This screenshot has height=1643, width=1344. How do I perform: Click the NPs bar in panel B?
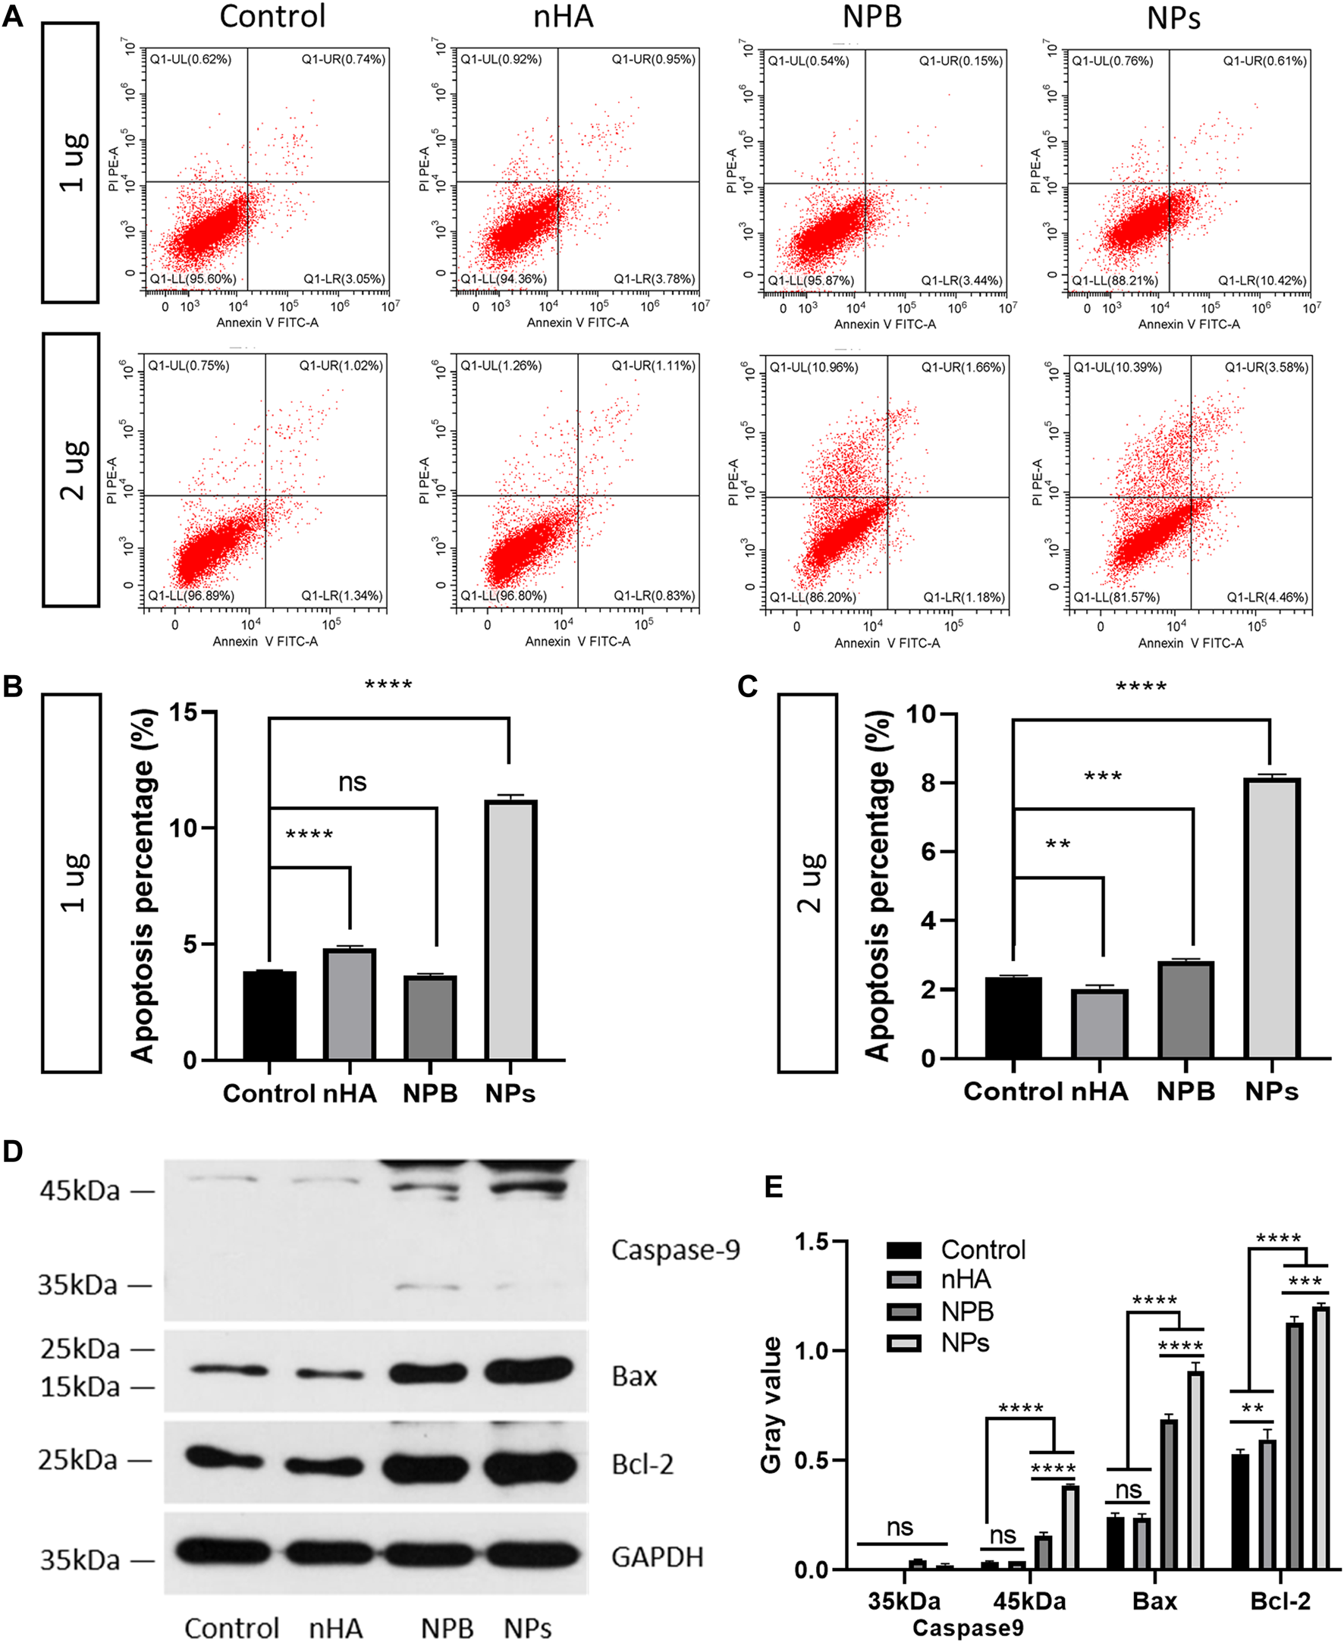510,929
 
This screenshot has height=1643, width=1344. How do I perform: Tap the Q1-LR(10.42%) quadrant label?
1262,281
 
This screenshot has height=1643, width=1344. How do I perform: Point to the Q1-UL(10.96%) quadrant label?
813,368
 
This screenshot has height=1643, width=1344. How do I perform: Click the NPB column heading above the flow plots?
871,17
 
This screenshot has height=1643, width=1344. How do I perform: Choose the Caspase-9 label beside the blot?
675,1249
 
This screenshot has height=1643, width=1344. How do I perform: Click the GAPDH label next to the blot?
658,1557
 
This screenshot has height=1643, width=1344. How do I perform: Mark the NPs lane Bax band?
528,1371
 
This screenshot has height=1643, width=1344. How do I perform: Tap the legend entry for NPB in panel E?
966,1312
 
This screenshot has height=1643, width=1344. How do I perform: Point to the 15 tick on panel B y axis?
183,712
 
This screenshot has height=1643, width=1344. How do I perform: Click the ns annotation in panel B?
352,782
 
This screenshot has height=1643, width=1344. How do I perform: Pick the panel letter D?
12,1151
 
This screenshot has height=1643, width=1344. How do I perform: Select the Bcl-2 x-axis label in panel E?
1280,1601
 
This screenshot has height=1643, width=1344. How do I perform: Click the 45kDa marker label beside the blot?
80,1191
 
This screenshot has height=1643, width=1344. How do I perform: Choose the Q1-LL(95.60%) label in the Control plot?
192,278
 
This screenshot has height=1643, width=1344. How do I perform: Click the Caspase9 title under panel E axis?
968,1628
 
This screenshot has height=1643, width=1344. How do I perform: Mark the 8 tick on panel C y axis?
928,783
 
